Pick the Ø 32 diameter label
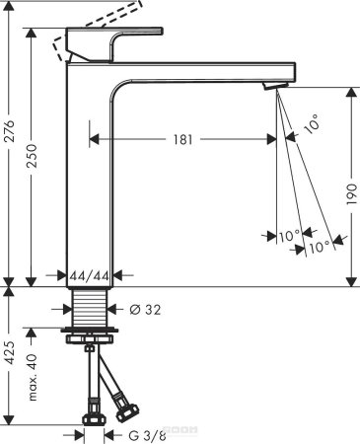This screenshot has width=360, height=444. tap(144, 309)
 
